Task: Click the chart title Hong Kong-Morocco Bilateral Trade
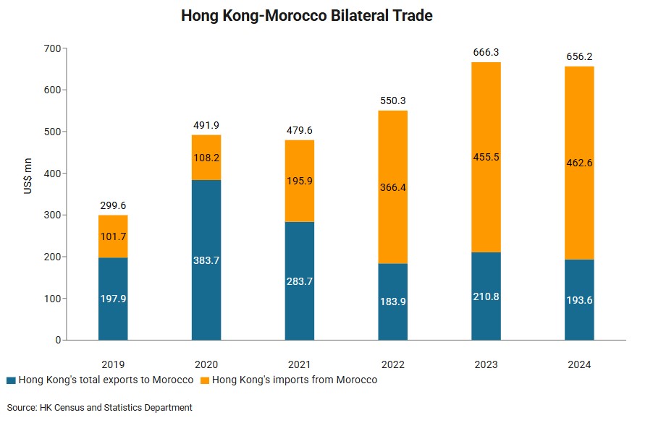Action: tap(306, 15)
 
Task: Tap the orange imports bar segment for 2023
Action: tap(486, 157)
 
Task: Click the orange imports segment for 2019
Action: tap(113, 236)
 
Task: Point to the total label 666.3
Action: tap(486, 52)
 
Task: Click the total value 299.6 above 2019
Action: tap(113, 205)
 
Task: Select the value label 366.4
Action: tap(393, 187)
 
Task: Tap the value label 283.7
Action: tap(300, 281)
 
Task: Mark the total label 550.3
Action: tap(393, 101)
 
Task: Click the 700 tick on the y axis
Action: tap(52, 48)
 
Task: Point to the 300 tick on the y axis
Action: tap(52, 215)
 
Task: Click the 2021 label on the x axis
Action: tap(300, 364)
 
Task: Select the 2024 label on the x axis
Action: tap(579, 364)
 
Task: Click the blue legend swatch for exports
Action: tap(11, 380)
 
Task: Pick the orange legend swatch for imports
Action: tap(204, 380)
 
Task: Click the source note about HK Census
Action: tap(100, 408)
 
